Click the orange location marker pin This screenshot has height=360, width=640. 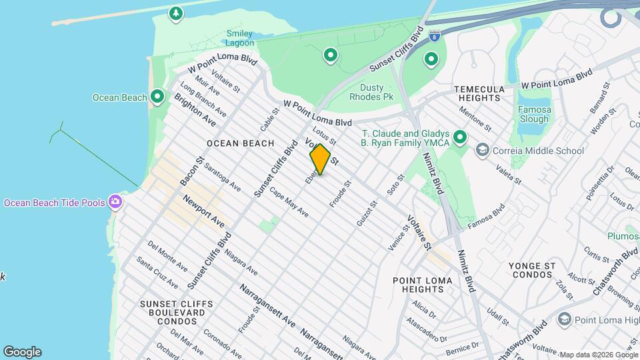tap(320, 159)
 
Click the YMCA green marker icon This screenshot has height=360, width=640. tap(460, 138)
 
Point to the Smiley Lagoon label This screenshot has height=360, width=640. tap(240, 38)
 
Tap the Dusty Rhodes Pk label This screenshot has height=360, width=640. tap(376, 92)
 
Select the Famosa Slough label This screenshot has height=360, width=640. tap(534, 114)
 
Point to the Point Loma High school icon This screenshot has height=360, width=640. tap(564, 320)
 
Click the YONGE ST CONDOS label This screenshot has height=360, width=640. tap(532, 270)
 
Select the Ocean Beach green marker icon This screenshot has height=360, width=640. tap(157, 97)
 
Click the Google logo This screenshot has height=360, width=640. tap(22, 352)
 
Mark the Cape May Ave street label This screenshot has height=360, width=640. tap(289, 203)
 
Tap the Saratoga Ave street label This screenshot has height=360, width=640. tap(223, 177)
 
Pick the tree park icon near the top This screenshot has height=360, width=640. tap(175, 13)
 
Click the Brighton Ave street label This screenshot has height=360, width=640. tap(195, 110)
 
